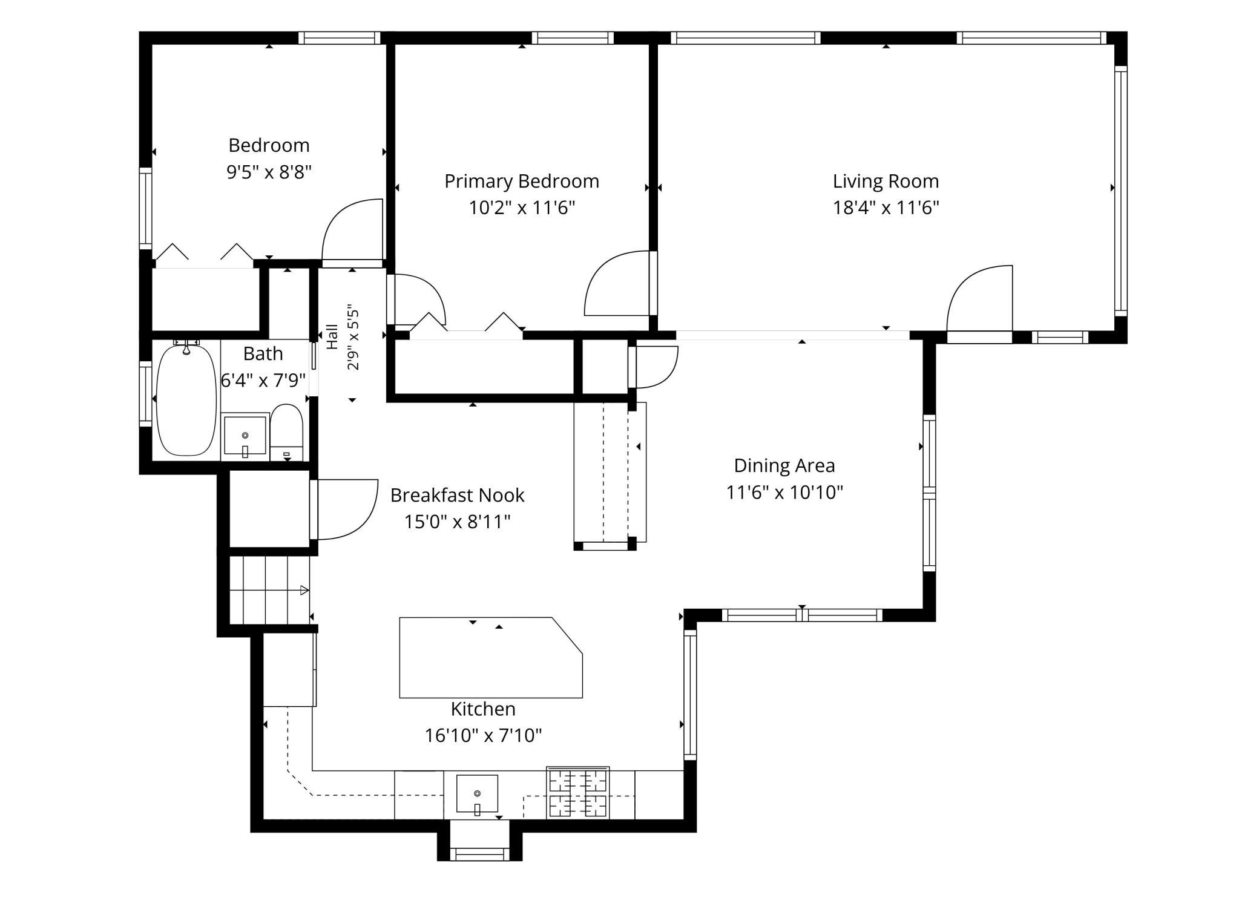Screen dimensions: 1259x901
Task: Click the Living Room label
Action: click(886, 181)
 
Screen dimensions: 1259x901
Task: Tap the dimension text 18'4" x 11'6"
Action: click(886, 208)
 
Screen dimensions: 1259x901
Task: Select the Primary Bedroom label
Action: click(522, 182)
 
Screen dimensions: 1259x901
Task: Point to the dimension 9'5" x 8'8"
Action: click(269, 172)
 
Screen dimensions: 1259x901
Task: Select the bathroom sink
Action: click(245, 434)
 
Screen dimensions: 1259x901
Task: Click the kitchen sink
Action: click(477, 794)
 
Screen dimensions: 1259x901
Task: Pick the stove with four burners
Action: click(577, 793)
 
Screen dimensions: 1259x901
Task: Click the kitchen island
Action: click(490, 657)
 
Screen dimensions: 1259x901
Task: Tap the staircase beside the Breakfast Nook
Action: click(269, 590)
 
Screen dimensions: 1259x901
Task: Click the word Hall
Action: click(332, 337)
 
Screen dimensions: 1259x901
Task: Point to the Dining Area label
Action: click(784, 465)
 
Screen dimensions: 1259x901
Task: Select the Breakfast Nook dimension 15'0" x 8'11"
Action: click(457, 521)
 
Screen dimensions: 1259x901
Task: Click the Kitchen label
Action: click(483, 709)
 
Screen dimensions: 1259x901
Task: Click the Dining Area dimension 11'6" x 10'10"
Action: click(784, 492)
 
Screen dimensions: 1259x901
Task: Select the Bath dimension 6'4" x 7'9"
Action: click(263, 381)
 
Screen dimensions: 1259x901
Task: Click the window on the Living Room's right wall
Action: click(1120, 191)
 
